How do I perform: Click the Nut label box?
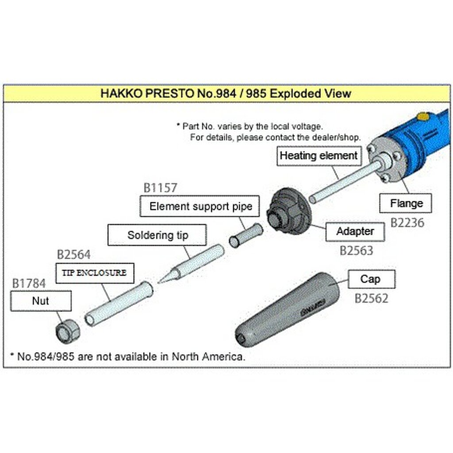(41, 301)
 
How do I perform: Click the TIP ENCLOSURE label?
(94, 273)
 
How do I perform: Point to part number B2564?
(73, 255)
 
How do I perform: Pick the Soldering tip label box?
(157, 235)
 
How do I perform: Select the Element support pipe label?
(200, 206)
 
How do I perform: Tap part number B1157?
(160, 188)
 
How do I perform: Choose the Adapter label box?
(355, 231)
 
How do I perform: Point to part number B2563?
(356, 251)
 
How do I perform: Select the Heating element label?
(319, 156)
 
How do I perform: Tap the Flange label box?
(406, 203)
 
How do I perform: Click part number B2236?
(407, 223)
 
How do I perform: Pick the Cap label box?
(371, 279)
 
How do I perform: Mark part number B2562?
(371, 299)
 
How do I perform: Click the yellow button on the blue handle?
(423, 117)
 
